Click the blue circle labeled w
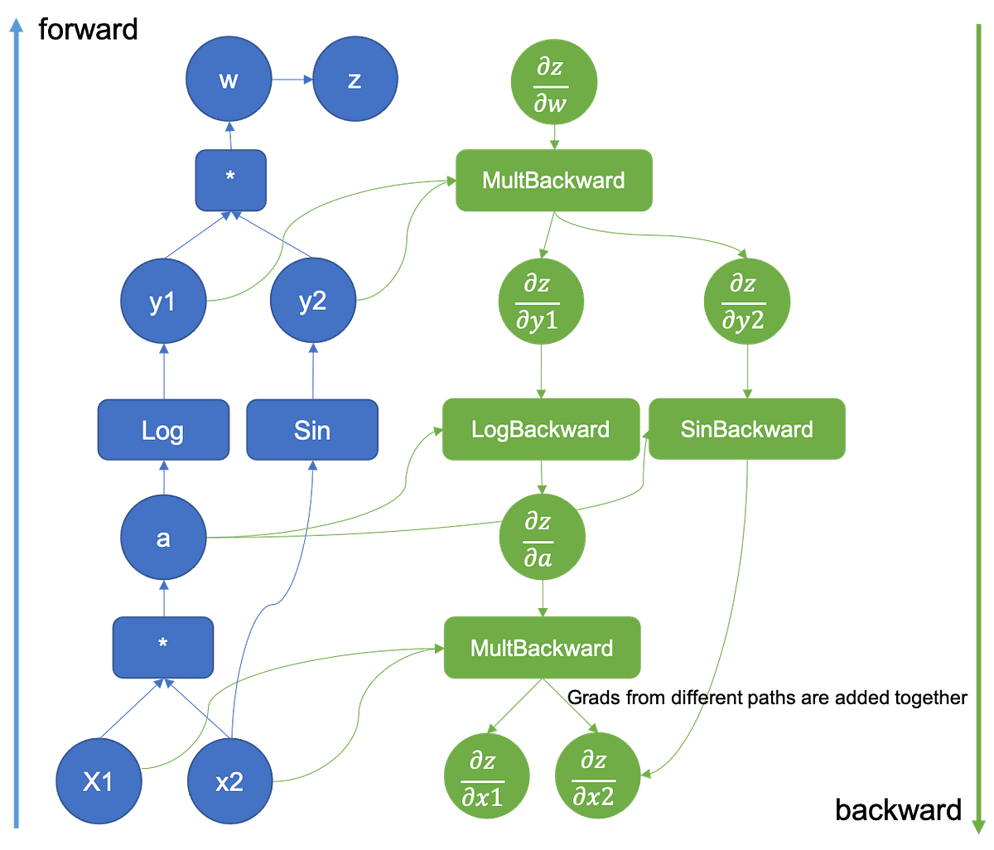[x=229, y=80]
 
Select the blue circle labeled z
[x=355, y=80]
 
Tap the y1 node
[x=162, y=302]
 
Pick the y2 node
[x=312, y=302]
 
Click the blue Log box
[x=163, y=430]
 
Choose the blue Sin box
[x=312, y=430]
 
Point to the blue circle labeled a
[x=163, y=538]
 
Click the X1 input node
[x=98, y=781]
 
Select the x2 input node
[x=229, y=781]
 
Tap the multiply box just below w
[x=230, y=178]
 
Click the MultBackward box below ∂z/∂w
[x=553, y=180]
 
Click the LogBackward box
[x=540, y=429]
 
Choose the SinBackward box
[x=747, y=429]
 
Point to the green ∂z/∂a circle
[x=542, y=538]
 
